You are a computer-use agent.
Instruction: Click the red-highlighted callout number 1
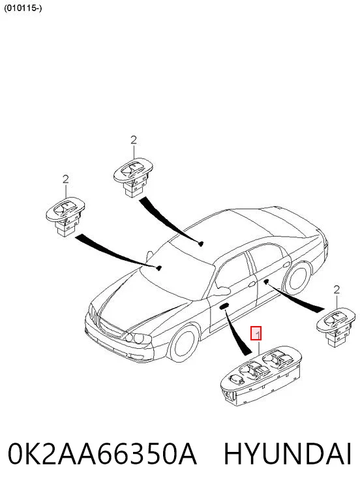point(256,334)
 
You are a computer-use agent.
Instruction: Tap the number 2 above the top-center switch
point(134,140)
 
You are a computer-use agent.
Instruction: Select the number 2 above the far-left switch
point(65,179)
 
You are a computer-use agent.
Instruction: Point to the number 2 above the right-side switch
point(337,290)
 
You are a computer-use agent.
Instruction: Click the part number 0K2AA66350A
point(102,454)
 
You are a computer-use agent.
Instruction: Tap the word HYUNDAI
point(288,454)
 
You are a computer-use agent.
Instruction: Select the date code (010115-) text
point(23,8)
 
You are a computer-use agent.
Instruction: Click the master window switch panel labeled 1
point(261,374)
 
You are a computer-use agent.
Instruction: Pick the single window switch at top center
point(134,176)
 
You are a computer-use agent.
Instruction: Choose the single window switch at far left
point(65,216)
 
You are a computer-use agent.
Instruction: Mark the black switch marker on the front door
point(224,306)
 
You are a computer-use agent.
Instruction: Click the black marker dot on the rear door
point(266,281)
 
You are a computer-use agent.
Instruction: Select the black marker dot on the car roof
point(201,243)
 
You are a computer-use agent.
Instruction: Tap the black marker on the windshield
point(159,268)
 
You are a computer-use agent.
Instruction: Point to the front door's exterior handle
point(252,284)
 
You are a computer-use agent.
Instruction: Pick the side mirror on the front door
point(221,290)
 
